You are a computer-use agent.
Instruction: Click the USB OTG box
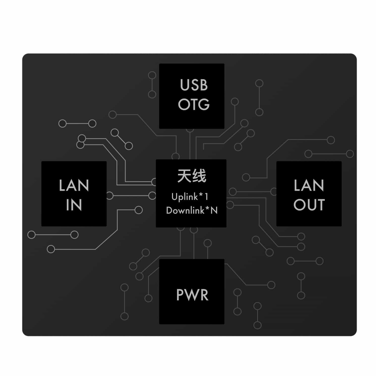[192, 96]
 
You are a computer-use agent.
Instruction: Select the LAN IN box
[74, 194]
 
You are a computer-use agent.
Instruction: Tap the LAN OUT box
[309, 194]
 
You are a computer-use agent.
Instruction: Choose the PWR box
[192, 292]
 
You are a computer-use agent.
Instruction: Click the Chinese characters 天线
[192, 176]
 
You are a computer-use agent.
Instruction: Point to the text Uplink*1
[190, 197]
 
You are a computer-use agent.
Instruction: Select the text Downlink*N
[192, 210]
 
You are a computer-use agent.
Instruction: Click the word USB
[194, 85]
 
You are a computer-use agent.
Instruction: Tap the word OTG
[194, 104]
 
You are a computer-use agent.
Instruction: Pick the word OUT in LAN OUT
[309, 205]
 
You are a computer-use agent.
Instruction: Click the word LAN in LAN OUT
[309, 185]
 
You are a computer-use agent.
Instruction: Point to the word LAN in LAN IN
[74, 185]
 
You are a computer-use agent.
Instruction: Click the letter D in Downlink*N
[169, 210]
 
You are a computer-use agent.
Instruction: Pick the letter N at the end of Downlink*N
[214, 211]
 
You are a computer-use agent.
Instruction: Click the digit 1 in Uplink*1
[207, 196]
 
